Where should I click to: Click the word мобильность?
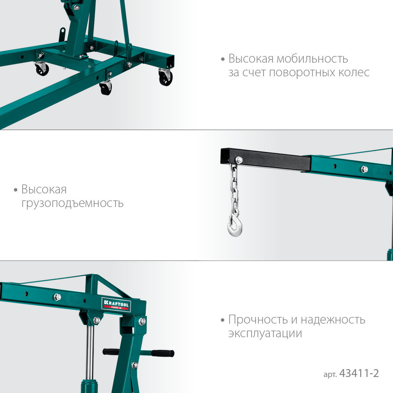point(312,59)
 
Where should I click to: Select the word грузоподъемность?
point(72,203)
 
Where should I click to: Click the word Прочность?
point(258,319)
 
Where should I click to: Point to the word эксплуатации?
point(265,334)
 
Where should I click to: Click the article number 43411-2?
point(359,373)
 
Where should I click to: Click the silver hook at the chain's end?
point(235,225)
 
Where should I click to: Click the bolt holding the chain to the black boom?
point(239,159)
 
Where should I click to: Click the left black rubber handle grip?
point(111,351)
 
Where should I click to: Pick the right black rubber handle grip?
point(163,353)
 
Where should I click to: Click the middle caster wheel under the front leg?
point(106,88)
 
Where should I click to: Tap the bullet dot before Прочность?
point(222,320)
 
